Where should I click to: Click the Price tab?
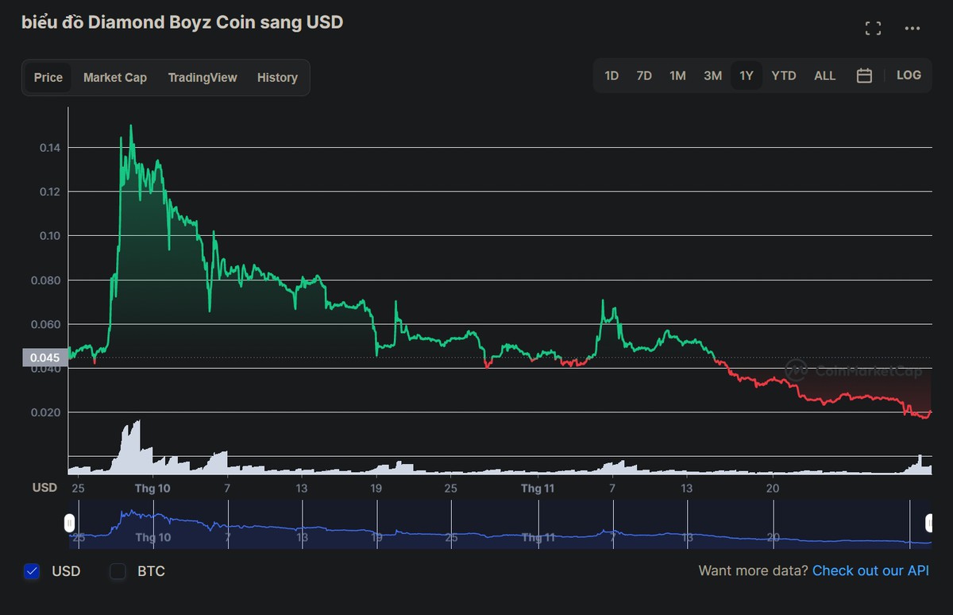48,77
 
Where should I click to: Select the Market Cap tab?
115,77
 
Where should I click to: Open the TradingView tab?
203,77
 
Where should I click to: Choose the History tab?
277,77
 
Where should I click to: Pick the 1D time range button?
612,75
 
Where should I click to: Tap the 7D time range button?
644,75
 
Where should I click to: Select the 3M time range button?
712,75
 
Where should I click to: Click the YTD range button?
784,75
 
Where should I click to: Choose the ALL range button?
825,75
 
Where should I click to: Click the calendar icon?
865,75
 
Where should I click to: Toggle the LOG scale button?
909,75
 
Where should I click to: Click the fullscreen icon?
873,29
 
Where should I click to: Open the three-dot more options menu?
912,29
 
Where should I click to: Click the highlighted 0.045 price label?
45,358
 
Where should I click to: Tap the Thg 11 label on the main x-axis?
538,488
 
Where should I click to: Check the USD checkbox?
33,571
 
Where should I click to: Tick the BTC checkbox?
118,571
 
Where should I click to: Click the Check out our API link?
870,571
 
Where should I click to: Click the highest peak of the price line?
130,126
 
